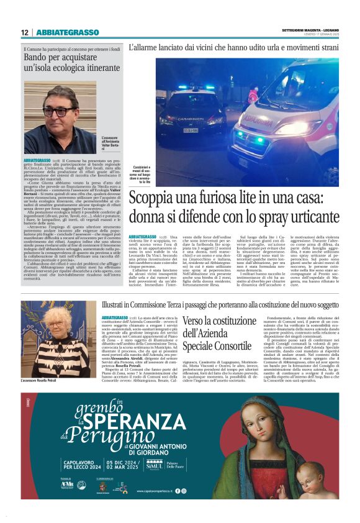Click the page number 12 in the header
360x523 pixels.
point(25,32)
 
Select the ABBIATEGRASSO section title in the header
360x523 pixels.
point(68,32)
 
